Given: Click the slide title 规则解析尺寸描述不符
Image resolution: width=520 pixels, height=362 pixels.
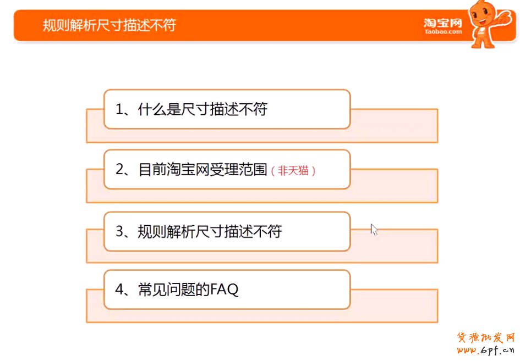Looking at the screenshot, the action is pyautogui.click(x=110, y=25).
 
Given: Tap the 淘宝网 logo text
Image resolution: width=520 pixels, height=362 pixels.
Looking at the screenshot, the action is pyautogui.click(x=443, y=23).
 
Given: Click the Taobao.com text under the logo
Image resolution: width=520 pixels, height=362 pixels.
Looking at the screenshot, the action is pyautogui.click(x=444, y=32).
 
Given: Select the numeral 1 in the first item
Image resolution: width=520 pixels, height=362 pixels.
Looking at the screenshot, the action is pyautogui.click(x=119, y=109).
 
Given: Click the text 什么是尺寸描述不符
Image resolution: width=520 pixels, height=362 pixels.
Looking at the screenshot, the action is pyautogui.click(x=202, y=109).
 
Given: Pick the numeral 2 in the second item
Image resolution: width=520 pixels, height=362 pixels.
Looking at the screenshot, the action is pyautogui.click(x=119, y=169).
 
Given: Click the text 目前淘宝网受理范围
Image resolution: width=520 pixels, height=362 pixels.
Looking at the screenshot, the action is pyautogui.click(x=202, y=169).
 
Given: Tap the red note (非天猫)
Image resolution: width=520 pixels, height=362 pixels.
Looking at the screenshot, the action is pyautogui.click(x=293, y=171).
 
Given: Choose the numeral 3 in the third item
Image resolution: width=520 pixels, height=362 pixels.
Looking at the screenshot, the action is pyautogui.click(x=119, y=231).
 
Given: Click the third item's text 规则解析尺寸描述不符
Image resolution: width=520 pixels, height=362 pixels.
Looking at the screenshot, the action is pyautogui.click(x=210, y=231).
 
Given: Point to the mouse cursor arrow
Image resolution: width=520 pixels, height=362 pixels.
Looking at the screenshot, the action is pyautogui.click(x=374, y=229).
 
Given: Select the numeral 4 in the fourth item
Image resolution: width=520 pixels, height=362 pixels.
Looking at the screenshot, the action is pyautogui.click(x=119, y=289).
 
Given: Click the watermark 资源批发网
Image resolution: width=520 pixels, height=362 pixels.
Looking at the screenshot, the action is pyautogui.click(x=485, y=338).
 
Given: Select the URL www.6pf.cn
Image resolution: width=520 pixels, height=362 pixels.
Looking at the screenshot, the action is pyautogui.click(x=485, y=350).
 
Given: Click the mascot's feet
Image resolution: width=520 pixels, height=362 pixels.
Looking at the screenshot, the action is pyautogui.click(x=483, y=44).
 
